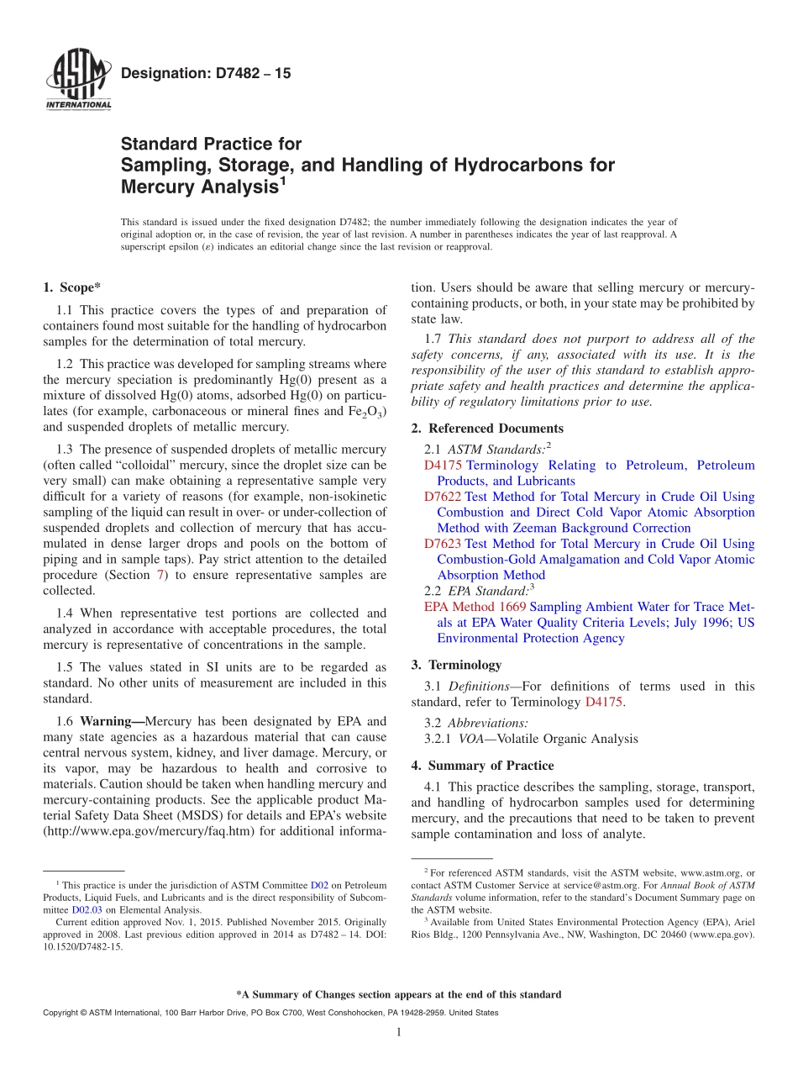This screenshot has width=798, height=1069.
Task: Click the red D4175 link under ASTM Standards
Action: [x=443, y=465]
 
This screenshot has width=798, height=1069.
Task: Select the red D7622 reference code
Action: [x=443, y=497]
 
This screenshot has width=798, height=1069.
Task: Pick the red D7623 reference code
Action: [x=443, y=544]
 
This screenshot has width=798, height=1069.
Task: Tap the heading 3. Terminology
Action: [x=456, y=665]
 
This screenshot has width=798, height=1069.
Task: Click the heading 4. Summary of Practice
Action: [x=482, y=766]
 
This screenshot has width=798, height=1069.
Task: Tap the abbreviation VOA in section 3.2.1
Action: [x=471, y=739]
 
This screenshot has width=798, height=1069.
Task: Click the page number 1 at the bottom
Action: [x=399, y=1032]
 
